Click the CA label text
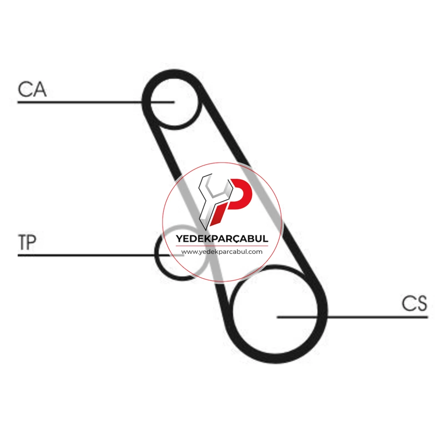[x=32, y=89]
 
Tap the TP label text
[x=27, y=242]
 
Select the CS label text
[x=414, y=303]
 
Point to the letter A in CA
[x=40, y=89]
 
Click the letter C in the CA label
[x=25, y=89]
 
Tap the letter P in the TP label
[x=32, y=242]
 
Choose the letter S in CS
[x=422, y=303]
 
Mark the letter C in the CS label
[x=408, y=303]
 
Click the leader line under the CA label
[x=96, y=102]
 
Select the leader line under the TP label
[x=100, y=255]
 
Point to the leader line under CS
[x=352, y=317]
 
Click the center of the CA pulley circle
[x=174, y=102]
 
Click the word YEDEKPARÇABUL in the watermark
[x=222, y=238]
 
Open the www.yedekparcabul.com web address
[x=222, y=252]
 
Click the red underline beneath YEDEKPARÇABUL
[x=222, y=246]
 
